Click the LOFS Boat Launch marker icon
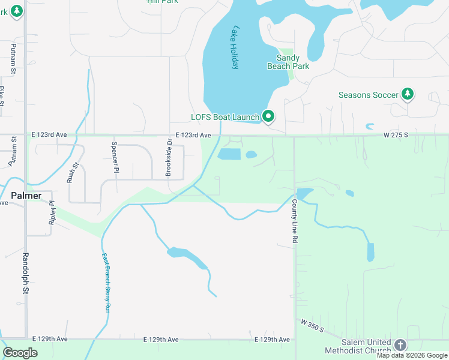pyautogui.click(x=268, y=116)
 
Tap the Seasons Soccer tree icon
pyautogui.click(x=408, y=94)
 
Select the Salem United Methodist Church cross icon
pyautogui.click(x=400, y=345)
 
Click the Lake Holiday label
pyautogui.click(x=235, y=47)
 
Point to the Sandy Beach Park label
pyautogui.click(x=288, y=62)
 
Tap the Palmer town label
pyautogui.click(x=26, y=196)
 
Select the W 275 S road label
pyautogui.click(x=396, y=135)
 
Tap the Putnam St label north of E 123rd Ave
pyautogui.click(x=13, y=59)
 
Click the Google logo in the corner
pyautogui.click(x=20, y=353)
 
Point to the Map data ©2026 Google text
pyautogui.click(x=412, y=355)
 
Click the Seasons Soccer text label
pyautogui.click(x=369, y=95)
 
